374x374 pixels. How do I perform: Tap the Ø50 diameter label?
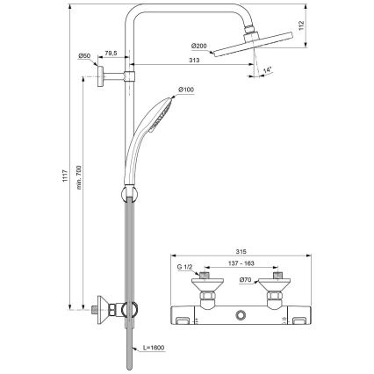[85, 56]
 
